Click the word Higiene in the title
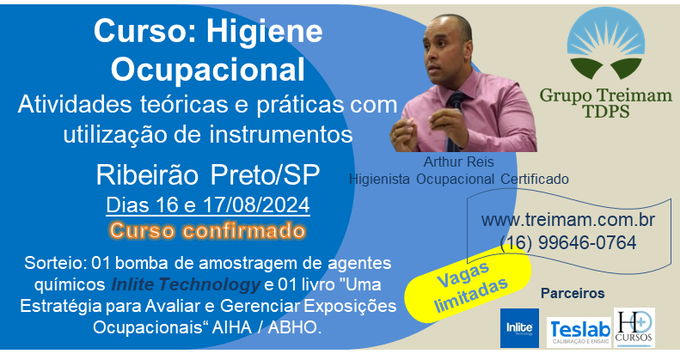click(264, 33)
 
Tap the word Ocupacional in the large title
click(208, 70)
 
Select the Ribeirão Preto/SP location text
click(208, 175)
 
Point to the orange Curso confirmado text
click(208, 230)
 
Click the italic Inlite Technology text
click(186, 284)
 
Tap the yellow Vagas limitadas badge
click(468, 288)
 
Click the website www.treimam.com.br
click(568, 220)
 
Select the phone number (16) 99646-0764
click(568, 242)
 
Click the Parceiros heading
click(573, 293)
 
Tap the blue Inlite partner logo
click(519, 328)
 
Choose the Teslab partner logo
click(579, 333)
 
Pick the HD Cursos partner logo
click(634, 327)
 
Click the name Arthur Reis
click(458, 162)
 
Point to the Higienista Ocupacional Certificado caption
click(459, 179)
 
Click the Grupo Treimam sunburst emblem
click(606, 43)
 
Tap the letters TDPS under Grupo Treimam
click(606, 112)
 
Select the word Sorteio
click(53, 263)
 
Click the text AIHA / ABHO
click(266, 327)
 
